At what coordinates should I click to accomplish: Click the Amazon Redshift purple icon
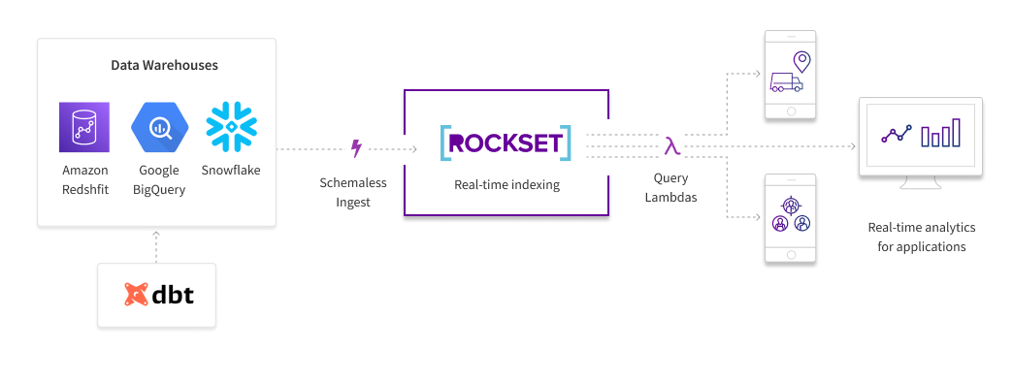pyautogui.click(x=84, y=127)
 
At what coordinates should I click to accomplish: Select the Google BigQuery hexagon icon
pyautogui.click(x=159, y=127)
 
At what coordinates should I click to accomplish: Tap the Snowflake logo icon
pyautogui.click(x=231, y=127)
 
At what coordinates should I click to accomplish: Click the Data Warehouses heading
pyautogui.click(x=164, y=65)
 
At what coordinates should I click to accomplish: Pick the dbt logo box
pyautogui.click(x=156, y=295)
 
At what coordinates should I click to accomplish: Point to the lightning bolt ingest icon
pyautogui.click(x=355, y=148)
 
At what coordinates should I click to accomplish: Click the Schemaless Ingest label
pyautogui.click(x=353, y=192)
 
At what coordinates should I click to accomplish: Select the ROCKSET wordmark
pyautogui.click(x=506, y=143)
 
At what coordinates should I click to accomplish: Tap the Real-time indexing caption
pyautogui.click(x=506, y=185)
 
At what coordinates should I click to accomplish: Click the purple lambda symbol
pyautogui.click(x=671, y=146)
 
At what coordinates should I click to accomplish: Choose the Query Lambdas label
pyautogui.click(x=670, y=187)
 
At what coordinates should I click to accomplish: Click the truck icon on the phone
pyautogui.click(x=786, y=82)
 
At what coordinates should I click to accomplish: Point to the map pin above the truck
pyautogui.click(x=801, y=62)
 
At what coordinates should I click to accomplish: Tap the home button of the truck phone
pyautogui.click(x=790, y=111)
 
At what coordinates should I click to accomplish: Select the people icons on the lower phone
pyautogui.click(x=791, y=215)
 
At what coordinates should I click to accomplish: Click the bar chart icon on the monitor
pyautogui.click(x=940, y=133)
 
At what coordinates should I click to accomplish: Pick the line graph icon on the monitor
pyautogui.click(x=897, y=135)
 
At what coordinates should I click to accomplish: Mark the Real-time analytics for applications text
pyautogui.click(x=921, y=237)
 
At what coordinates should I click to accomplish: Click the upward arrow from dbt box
pyautogui.click(x=155, y=246)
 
